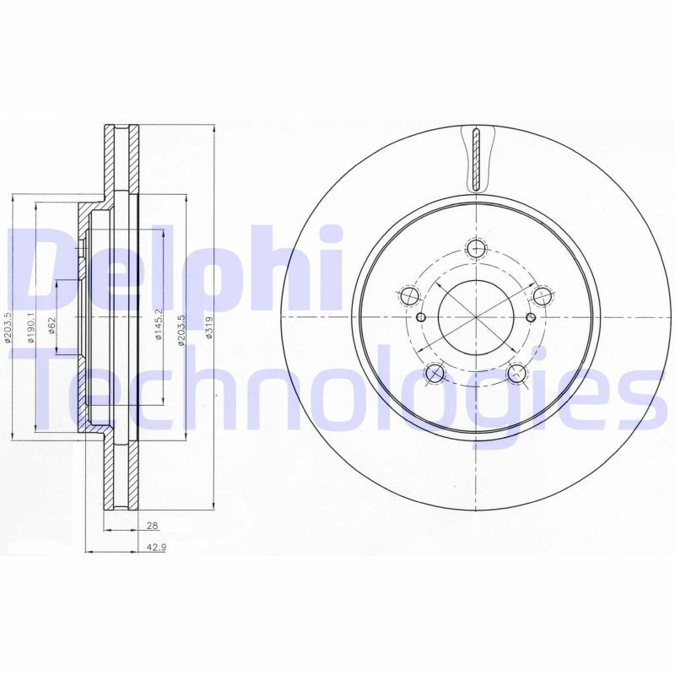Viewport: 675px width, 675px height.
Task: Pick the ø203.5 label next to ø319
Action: pyautogui.click(x=181, y=332)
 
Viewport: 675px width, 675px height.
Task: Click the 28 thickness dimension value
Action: pyautogui.click(x=152, y=526)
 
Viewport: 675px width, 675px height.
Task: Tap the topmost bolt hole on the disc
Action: pyautogui.click(x=477, y=248)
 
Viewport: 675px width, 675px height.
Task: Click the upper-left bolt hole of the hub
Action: pyautogui.click(x=409, y=296)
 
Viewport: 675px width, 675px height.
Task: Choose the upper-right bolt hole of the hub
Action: pyautogui.click(x=543, y=295)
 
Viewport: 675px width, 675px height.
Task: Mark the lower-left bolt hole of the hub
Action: pyautogui.click(x=435, y=373)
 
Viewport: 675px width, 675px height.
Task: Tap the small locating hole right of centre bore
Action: pyautogui.click(x=531, y=317)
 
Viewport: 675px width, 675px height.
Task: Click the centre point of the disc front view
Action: pyautogui.click(x=477, y=317)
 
